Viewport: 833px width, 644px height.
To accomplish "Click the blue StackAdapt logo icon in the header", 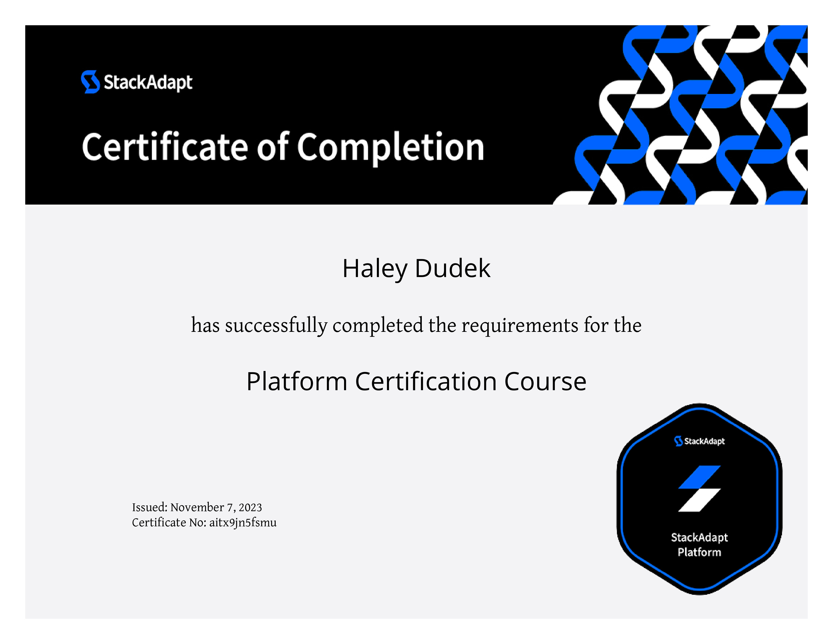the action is [x=90, y=82].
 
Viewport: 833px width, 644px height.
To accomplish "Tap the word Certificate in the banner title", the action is [x=165, y=147].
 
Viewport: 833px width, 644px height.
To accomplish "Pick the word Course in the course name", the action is [x=545, y=382].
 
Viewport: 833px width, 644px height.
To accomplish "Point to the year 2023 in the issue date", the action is [x=250, y=507].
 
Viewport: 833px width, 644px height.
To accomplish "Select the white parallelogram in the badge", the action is [x=699, y=500].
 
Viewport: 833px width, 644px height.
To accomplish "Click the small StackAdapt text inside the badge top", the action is [x=704, y=441].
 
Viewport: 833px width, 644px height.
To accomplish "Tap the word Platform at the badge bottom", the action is [x=699, y=552].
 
